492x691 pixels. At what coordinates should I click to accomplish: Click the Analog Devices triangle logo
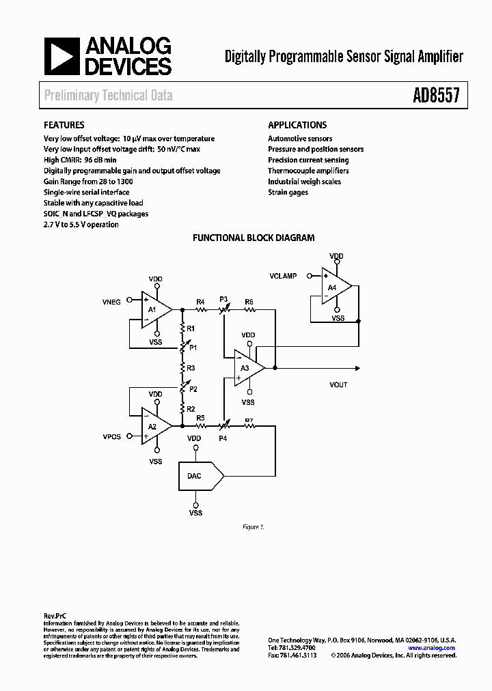click(62, 56)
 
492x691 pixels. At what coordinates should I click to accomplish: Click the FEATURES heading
click(64, 125)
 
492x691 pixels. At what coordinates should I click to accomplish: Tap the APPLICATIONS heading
click(297, 125)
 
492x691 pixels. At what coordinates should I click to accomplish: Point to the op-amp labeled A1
click(154, 308)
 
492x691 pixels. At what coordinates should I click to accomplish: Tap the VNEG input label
click(111, 301)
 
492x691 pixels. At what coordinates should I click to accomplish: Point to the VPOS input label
click(111, 436)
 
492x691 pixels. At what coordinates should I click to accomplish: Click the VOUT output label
click(338, 384)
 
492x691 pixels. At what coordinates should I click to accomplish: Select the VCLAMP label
click(283, 276)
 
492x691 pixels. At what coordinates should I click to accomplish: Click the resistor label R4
click(200, 301)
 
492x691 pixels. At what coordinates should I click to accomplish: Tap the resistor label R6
click(249, 301)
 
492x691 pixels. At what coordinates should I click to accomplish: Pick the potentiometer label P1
click(193, 348)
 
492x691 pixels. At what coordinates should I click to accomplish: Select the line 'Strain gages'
click(288, 193)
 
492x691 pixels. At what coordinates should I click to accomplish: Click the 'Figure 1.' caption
click(253, 527)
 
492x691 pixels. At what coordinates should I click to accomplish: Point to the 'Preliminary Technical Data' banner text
click(108, 96)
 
